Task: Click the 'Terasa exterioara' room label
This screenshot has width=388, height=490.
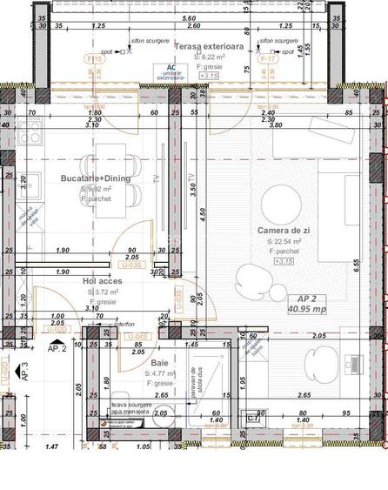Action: click(206, 45)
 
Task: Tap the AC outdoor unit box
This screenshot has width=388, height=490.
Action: click(171, 71)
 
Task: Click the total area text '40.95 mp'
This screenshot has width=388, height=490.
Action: click(307, 308)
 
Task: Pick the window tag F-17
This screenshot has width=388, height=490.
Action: click(269, 58)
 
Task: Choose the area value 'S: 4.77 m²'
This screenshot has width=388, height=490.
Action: click(163, 373)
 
